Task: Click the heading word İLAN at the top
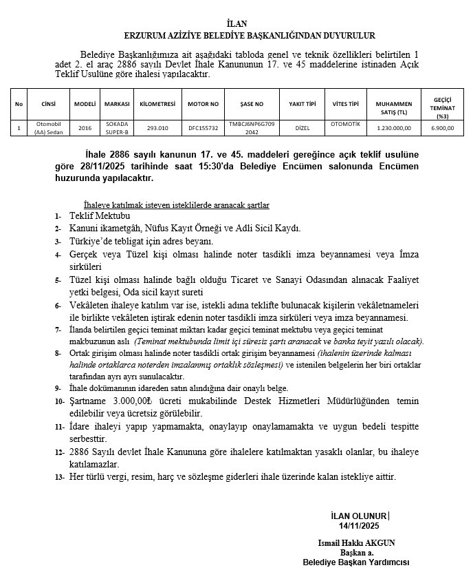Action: click(x=236, y=24)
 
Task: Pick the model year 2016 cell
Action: click(x=85, y=127)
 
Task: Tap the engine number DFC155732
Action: click(x=203, y=127)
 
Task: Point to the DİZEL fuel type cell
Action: click(x=302, y=127)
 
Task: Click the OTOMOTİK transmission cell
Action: click(x=345, y=125)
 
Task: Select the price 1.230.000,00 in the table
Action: click(x=394, y=127)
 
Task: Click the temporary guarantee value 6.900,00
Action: click(x=442, y=127)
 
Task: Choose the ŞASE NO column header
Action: click(x=252, y=104)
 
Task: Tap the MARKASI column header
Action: click(x=117, y=104)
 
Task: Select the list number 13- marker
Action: click(x=58, y=476)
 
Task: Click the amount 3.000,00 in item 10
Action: click(x=132, y=401)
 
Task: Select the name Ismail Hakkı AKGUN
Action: click(x=357, y=543)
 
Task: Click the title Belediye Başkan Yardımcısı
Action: click(x=356, y=562)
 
